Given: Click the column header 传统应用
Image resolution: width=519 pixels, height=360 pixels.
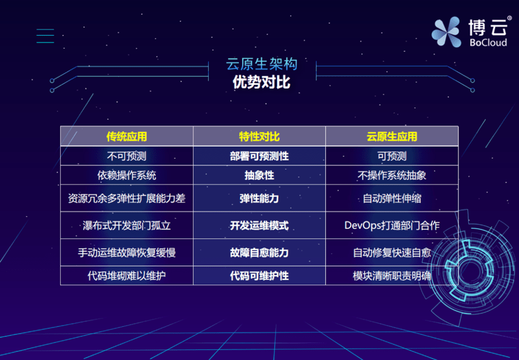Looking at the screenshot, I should point(126,136).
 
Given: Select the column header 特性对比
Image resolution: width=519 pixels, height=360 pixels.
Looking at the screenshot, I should point(259,136).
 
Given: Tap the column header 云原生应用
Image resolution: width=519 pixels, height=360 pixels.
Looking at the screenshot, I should point(391,136).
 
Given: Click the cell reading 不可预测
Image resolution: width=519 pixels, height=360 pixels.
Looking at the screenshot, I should point(126,156).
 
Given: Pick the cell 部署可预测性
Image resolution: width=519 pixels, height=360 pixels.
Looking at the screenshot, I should point(259,156).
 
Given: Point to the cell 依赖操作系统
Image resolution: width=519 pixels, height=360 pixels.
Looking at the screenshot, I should point(126,176).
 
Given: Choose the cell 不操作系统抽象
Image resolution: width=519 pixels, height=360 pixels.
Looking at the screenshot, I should point(391,176).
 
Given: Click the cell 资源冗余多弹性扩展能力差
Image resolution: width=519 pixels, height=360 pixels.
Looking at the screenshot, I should point(126,199).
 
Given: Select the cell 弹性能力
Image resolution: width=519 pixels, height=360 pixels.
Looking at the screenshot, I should point(259,199).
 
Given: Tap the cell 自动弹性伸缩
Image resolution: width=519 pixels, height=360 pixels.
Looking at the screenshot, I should point(391,199).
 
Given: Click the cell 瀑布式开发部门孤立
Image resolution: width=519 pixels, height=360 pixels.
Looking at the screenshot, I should point(126,225).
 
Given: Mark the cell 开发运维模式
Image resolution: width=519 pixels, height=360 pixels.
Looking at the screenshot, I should point(259,225).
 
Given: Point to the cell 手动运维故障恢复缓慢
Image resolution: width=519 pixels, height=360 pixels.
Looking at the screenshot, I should point(126,252).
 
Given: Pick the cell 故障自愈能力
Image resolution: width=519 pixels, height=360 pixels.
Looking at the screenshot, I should point(259,252).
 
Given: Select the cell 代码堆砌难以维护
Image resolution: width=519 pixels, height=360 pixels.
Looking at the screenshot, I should point(126,275).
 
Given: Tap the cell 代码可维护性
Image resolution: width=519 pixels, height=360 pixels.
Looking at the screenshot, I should point(259,275).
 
